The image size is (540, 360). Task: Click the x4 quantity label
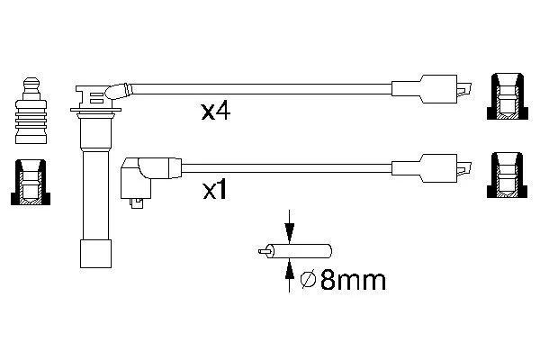[216, 112]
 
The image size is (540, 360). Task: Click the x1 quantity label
[214, 191]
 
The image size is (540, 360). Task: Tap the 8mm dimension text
[354, 280]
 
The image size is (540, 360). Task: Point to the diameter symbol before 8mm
[308, 280]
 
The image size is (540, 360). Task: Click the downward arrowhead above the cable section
[289, 231]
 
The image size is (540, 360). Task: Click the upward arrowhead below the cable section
[289, 269]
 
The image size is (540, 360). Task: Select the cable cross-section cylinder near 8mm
[301, 251]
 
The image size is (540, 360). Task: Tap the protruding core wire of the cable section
[264, 251]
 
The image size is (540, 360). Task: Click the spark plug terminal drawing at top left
[31, 111]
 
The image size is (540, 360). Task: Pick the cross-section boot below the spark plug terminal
[31, 182]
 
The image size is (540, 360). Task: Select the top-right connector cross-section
[508, 96]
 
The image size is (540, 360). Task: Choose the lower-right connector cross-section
[507, 175]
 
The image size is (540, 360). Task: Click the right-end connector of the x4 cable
[431, 89]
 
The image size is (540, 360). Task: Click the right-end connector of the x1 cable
[431, 168]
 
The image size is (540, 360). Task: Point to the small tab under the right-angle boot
[137, 203]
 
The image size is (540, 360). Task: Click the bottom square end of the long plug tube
[95, 254]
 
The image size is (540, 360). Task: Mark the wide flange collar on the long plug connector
[95, 110]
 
